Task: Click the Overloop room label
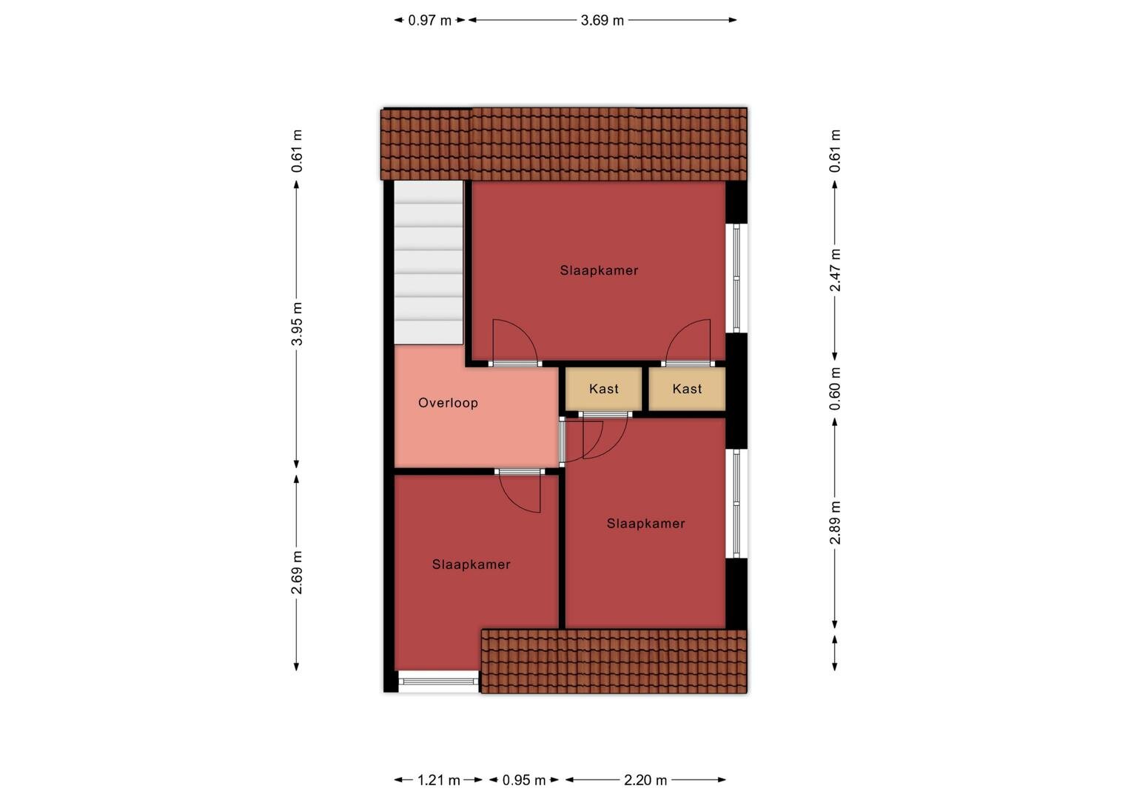[448, 403]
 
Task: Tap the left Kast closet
[603, 389]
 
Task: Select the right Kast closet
[687, 389]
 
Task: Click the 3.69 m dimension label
[602, 20]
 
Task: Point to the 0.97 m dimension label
[430, 20]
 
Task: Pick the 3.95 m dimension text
[297, 324]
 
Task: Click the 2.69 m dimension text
[297, 572]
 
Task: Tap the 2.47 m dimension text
[835, 270]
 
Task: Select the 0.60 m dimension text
[835, 389]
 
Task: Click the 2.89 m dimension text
[835, 522]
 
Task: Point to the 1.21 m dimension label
[438, 780]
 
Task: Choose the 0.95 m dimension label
[523, 780]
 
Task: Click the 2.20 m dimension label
[645, 780]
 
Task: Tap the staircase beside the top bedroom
[429, 263]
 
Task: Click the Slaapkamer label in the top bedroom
[599, 270]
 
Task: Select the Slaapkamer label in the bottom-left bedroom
[471, 564]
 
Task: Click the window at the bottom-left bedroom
[438, 681]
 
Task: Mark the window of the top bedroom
[736, 278]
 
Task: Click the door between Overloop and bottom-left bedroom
[520, 472]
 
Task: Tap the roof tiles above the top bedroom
[564, 144]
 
